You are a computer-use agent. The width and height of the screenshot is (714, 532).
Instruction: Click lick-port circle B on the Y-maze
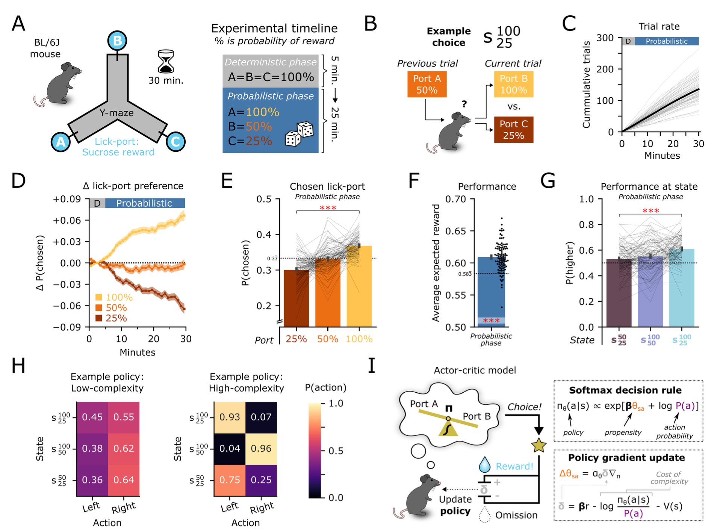(117, 41)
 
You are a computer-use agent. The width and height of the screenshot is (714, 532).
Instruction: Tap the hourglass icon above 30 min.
(166, 62)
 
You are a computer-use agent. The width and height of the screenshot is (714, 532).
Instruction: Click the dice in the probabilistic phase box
(300, 134)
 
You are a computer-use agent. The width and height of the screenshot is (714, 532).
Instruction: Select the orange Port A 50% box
(427, 85)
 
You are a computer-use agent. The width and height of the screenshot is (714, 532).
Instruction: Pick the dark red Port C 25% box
(513, 130)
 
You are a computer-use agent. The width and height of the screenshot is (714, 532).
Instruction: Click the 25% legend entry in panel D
(112, 318)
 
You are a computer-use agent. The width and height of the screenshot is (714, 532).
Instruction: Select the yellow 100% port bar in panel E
(359, 286)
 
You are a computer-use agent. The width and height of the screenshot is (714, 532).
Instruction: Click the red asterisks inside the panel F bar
(491, 321)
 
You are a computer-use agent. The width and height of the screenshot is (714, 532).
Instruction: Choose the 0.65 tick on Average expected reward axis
(455, 231)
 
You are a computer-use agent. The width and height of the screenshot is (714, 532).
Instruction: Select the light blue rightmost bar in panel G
(681, 287)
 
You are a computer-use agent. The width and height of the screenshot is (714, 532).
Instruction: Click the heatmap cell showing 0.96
(261, 449)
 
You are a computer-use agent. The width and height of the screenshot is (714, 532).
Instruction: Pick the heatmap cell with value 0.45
(92, 417)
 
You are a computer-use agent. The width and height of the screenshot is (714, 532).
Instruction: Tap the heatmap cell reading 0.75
(230, 480)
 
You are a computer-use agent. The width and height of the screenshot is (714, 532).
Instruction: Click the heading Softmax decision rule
(625, 390)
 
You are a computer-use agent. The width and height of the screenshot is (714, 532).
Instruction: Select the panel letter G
(548, 181)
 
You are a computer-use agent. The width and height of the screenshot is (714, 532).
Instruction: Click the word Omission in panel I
(516, 515)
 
